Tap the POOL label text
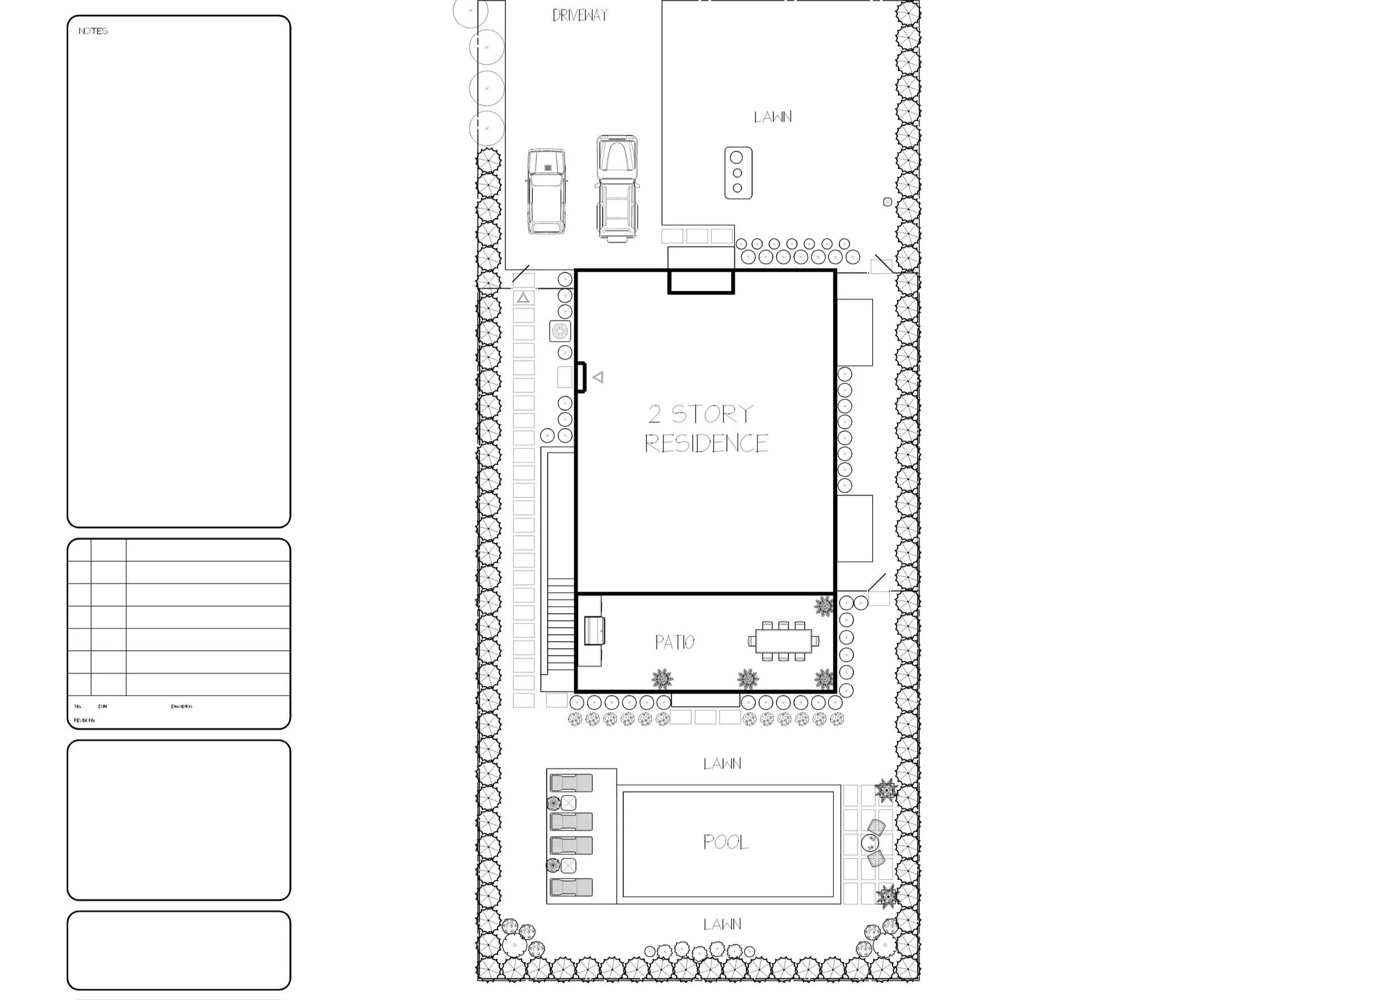(726, 842)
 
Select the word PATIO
(674, 642)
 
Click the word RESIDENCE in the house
(706, 444)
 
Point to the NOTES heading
(93, 31)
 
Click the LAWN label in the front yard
(772, 117)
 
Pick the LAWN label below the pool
(722, 924)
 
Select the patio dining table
(783, 641)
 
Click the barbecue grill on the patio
(594, 630)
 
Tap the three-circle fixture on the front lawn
(738, 173)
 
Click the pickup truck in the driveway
(617, 188)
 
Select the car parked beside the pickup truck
(546, 191)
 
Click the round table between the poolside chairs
(870, 841)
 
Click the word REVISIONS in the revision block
(84, 720)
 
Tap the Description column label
(182, 706)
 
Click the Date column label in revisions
(103, 706)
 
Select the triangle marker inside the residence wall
(598, 377)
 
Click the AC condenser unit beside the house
(560, 331)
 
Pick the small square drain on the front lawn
(887, 202)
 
